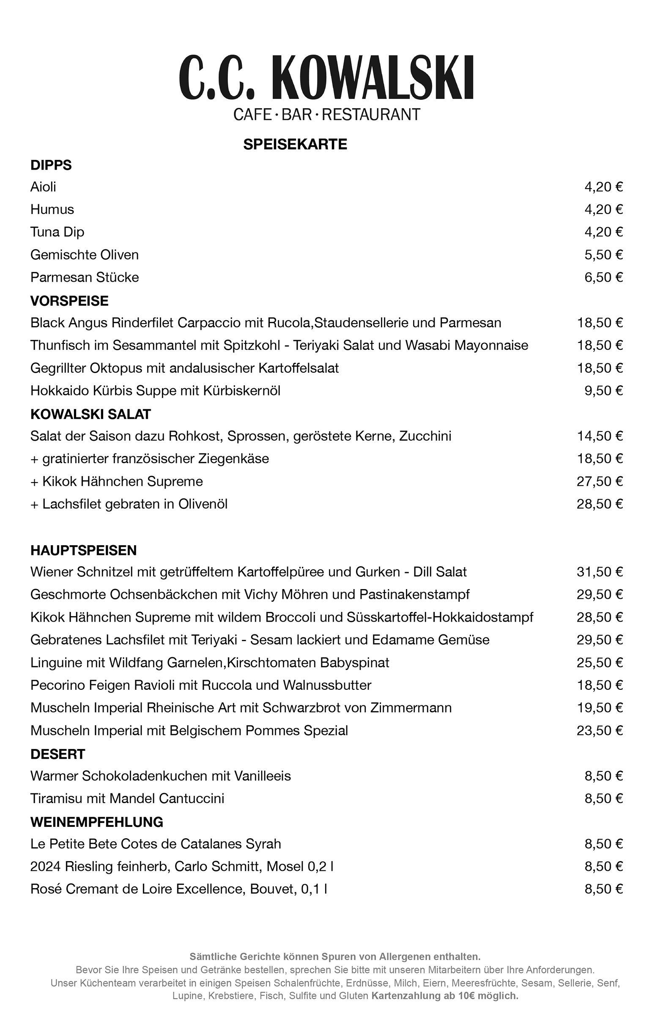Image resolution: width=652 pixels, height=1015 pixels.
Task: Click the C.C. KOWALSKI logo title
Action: (x=326, y=77)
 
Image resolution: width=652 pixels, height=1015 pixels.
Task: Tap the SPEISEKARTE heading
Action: (x=295, y=144)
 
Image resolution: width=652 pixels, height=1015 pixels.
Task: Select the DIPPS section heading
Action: (x=51, y=165)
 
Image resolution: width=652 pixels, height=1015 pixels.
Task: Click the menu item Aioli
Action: (x=43, y=187)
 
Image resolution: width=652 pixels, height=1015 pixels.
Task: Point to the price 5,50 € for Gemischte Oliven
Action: (x=603, y=255)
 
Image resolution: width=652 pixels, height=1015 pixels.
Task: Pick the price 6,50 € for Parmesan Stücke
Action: (x=603, y=277)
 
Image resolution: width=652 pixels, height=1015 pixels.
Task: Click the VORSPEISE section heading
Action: (x=69, y=301)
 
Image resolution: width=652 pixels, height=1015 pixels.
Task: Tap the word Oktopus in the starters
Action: (x=115, y=368)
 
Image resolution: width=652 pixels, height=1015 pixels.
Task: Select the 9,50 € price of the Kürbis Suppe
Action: (x=603, y=390)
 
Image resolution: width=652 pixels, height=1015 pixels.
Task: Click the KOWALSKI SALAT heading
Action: (x=90, y=414)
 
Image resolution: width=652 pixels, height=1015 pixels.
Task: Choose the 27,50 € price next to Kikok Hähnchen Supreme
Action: (x=600, y=481)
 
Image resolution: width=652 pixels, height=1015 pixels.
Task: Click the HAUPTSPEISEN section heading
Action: (x=83, y=551)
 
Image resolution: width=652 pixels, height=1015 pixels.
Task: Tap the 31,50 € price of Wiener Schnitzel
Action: (x=600, y=572)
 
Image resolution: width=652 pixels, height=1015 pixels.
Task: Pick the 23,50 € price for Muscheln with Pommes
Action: (x=600, y=731)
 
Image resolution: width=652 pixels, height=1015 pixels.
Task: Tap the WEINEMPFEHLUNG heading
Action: (x=96, y=822)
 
